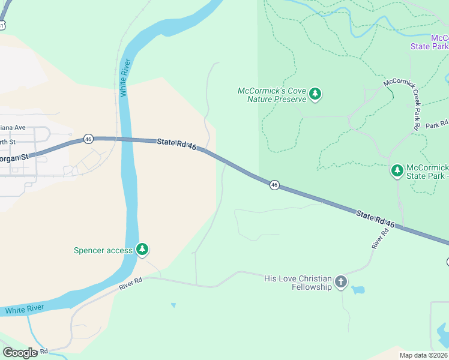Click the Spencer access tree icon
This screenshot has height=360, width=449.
point(142,249)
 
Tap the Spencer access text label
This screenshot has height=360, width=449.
point(103,250)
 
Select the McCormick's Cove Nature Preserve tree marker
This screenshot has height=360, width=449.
point(315,94)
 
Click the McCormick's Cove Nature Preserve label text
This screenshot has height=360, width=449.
point(272,95)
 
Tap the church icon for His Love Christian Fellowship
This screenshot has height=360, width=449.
point(340,282)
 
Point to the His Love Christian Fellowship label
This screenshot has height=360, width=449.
point(298,283)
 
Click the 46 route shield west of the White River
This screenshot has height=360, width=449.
point(88,138)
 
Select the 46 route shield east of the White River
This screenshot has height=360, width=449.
point(274,185)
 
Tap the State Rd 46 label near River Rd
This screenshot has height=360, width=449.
point(375,219)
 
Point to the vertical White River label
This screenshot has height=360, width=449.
point(125,78)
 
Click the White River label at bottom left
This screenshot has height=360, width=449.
point(24,310)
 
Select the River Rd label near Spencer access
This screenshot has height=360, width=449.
point(132,284)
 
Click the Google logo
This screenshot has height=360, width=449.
point(20,352)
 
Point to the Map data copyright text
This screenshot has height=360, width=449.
point(423,355)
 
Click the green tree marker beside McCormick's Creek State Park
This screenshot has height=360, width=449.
point(397,171)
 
